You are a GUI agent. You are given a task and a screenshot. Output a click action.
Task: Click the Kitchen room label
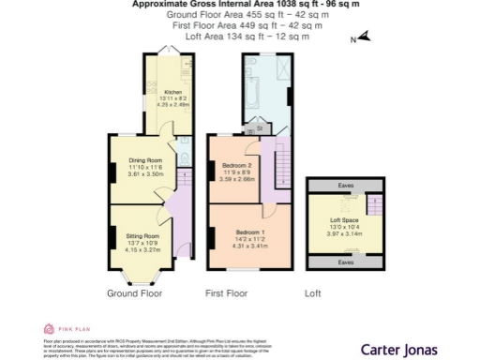click(160, 92)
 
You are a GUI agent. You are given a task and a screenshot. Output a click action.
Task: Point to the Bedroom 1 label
click(250, 232)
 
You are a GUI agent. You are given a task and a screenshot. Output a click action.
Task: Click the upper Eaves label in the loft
click(346, 187)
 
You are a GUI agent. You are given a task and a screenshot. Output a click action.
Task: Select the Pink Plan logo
click(61, 328)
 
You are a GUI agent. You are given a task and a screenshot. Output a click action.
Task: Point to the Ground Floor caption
click(134, 293)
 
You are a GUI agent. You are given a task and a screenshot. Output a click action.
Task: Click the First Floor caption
click(226, 293)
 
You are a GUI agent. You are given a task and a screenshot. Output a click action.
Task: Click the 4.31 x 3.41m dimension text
click(250, 247)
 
